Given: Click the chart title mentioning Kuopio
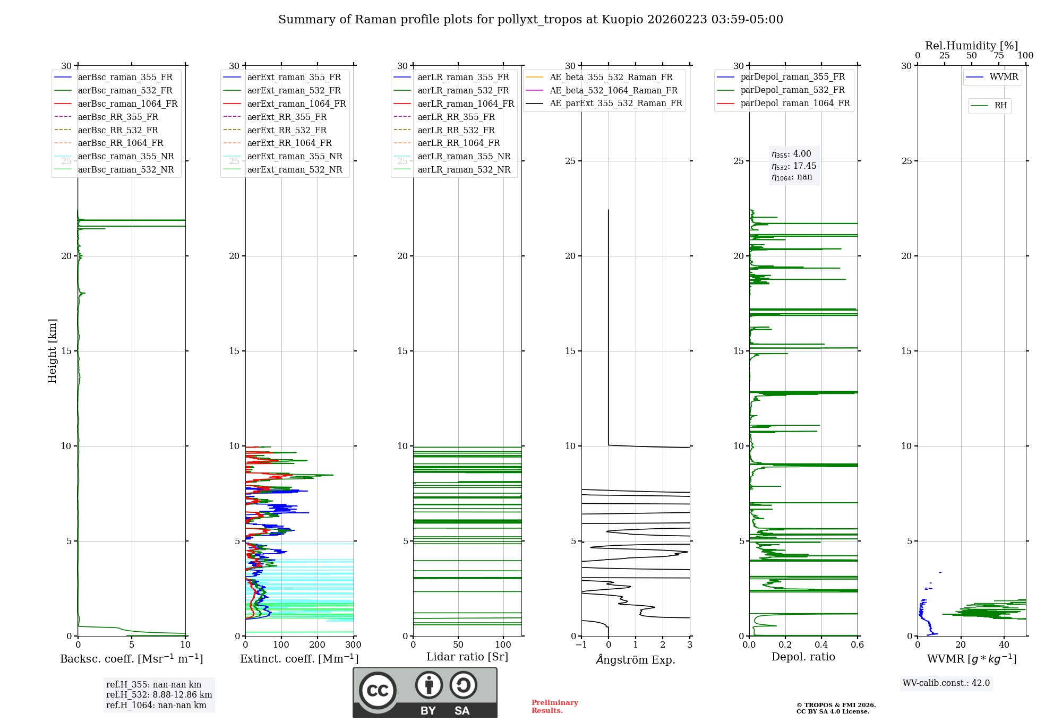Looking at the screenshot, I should pos(530,20).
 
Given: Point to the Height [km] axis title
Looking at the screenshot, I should pos(52,351).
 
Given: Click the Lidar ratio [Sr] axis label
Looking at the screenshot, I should pos(467,657).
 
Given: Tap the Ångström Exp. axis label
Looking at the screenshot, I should pos(636,660).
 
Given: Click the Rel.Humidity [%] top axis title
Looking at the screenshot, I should pos(971,46).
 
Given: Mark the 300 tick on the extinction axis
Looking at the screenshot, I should pos(353,645).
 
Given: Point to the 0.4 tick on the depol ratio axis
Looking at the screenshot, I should pos(821,645).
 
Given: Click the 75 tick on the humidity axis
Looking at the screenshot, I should pos(999,56).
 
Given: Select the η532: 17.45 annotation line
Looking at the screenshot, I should pos(794,166).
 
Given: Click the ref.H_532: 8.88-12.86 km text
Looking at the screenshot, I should pos(159,695).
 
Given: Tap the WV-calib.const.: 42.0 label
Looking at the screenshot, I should pos(946,683).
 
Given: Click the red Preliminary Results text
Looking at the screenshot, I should pos(554,707).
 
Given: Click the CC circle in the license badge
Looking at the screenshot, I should pos(378,691).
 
